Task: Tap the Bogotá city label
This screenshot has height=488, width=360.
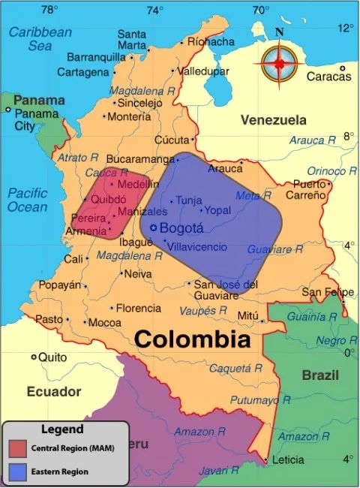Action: [x=182, y=228]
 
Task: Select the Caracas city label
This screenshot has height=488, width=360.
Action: [x=329, y=77]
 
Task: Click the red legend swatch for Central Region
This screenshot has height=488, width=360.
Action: [x=18, y=448]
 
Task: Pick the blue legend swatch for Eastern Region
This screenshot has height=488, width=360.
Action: [x=18, y=471]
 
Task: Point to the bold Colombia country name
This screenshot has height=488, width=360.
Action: [x=192, y=339]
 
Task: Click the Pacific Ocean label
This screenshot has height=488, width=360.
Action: [x=28, y=199]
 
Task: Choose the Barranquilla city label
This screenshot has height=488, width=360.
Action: [x=97, y=57]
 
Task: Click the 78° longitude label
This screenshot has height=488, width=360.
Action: [x=49, y=10]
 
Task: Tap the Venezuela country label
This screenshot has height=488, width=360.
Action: [x=273, y=120]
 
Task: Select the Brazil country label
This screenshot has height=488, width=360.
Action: [x=320, y=375]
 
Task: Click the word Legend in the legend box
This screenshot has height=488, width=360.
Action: [x=62, y=429]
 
